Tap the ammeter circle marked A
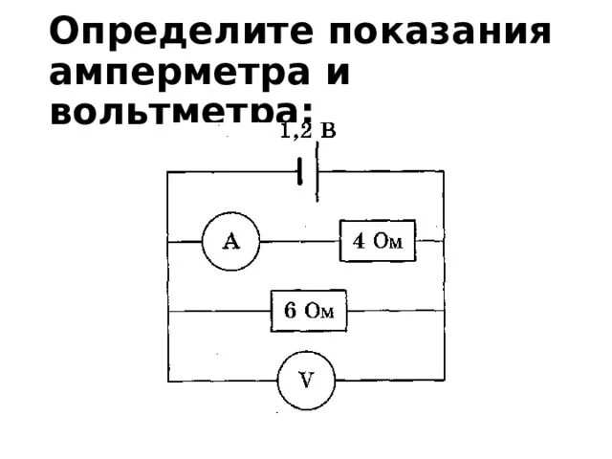231,242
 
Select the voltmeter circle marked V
307,379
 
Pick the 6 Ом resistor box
308,311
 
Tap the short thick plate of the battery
300,172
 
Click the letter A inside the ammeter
231,242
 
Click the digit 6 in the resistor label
290,311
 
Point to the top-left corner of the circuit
168,172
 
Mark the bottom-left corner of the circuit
168,379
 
